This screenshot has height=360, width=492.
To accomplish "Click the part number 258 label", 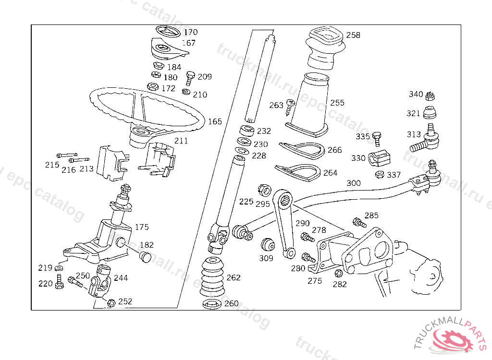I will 353,35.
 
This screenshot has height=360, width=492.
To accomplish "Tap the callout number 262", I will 234,277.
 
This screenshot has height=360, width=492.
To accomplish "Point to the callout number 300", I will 353,183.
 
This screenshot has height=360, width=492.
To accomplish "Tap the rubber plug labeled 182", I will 145,255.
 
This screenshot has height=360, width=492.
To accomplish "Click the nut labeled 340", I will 431,95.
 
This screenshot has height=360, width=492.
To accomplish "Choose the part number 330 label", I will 358,158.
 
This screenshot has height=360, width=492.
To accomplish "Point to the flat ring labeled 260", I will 210,304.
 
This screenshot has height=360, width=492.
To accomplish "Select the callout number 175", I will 142,227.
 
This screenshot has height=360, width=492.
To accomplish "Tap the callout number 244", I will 121,278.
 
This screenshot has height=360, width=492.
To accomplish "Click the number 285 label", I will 371,216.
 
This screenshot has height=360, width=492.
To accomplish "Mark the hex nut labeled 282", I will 338,274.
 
